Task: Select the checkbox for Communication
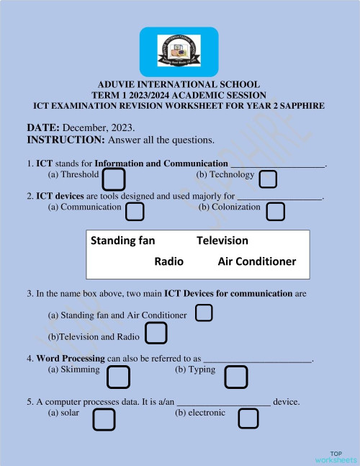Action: pyautogui.click(x=135, y=211)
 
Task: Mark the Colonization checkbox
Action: pyautogui.click(x=275, y=211)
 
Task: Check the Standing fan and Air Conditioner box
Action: pyautogui.click(x=204, y=313)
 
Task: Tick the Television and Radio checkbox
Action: pyautogui.click(x=156, y=333)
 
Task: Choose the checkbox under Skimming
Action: pyautogui.click(x=118, y=377)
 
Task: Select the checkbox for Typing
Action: pyautogui.click(x=236, y=377)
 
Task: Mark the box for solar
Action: pyautogui.click(x=104, y=419)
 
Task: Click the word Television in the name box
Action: pyautogui.click(x=222, y=241)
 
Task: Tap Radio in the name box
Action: pyautogui.click(x=169, y=261)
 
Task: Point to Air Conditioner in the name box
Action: pyautogui.click(x=256, y=261)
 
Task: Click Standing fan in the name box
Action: pyautogui.click(x=123, y=241)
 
